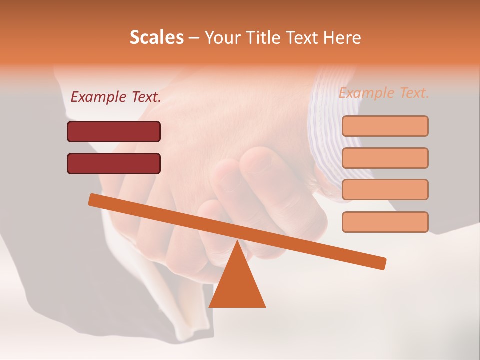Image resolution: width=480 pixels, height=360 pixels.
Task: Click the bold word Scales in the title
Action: (x=157, y=37)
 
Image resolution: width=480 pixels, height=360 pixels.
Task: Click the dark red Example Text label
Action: (x=116, y=97)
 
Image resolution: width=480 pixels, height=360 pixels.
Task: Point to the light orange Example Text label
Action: (x=384, y=93)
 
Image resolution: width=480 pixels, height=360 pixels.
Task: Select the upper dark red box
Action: (x=114, y=131)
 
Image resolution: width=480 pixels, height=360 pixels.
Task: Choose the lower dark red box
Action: (x=114, y=163)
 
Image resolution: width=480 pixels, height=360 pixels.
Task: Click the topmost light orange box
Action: (x=385, y=126)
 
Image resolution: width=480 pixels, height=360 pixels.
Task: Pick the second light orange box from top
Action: (x=385, y=158)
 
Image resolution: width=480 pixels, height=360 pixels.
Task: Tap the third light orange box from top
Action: (x=385, y=189)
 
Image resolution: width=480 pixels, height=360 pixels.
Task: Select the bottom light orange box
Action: (x=385, y=222)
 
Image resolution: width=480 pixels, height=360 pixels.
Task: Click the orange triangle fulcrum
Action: (x=237, y=285)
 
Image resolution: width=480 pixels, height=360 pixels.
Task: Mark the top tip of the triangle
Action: (x=237, y=241)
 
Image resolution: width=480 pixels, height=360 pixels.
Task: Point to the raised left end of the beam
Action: (x=93, y=199)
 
